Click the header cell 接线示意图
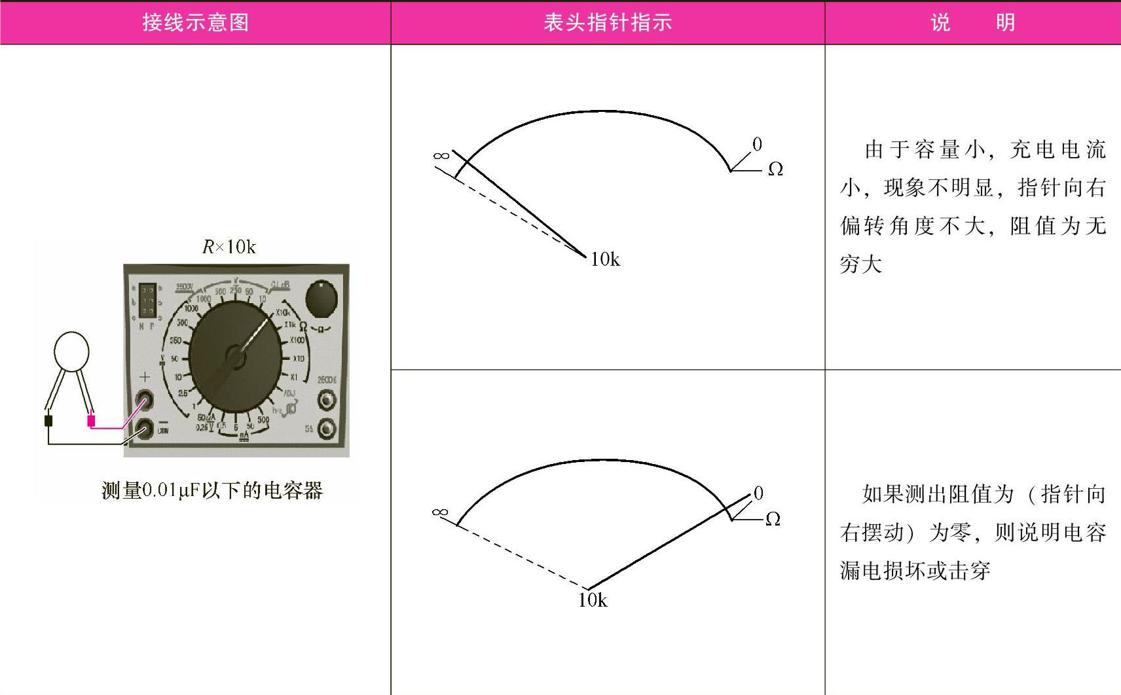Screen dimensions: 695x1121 [195, 22]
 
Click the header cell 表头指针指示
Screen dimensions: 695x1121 [608, 22]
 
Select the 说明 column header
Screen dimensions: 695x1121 [972, 22]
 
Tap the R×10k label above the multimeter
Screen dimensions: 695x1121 [229, 247]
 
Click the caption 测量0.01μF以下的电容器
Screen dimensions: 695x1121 [212, 490]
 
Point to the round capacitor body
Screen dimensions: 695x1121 [71, 351]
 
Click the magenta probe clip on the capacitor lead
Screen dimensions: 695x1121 [91, 421]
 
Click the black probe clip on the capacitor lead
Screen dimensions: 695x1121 [48, 420]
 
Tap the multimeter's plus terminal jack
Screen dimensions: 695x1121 [143, 399]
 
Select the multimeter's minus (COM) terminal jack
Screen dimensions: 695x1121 [143, 429]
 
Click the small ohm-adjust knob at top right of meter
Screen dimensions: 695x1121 [322, 298]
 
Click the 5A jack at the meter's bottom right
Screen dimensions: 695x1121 [326, 429]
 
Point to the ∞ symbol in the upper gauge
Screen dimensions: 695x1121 [441, 156]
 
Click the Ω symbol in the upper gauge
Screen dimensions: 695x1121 [775, 169]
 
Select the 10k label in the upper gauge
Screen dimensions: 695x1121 [605, 260]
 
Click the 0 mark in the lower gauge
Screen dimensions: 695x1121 [758, 493]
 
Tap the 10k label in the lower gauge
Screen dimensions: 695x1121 [593, 600]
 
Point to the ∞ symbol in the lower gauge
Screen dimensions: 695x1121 [440, 512]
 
